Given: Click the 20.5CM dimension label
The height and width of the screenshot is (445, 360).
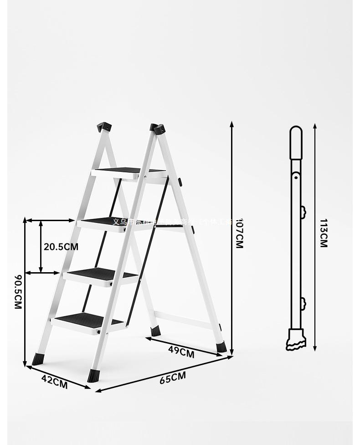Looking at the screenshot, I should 61,247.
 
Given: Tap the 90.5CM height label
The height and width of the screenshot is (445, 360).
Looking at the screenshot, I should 18,292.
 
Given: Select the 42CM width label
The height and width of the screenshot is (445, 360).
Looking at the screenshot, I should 54,382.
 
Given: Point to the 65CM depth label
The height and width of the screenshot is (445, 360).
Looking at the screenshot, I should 173,378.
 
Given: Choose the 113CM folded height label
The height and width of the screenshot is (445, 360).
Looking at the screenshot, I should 323,233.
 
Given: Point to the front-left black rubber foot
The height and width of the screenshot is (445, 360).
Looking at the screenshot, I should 38,359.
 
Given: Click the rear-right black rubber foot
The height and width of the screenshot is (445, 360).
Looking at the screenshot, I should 221,347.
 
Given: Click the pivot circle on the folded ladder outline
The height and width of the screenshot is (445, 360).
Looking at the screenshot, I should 296,176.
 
